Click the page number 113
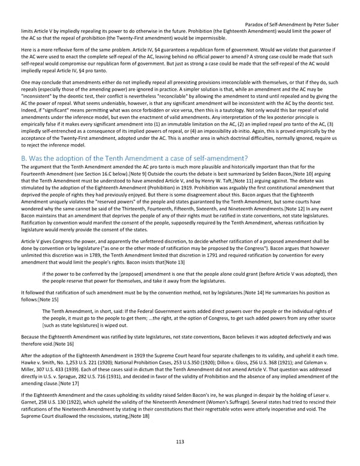tap(180, 441)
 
